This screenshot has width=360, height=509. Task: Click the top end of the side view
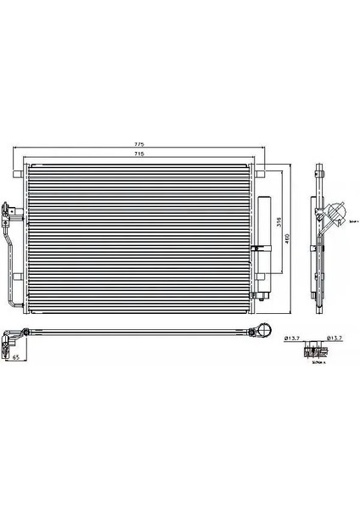[x=320, y=167]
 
